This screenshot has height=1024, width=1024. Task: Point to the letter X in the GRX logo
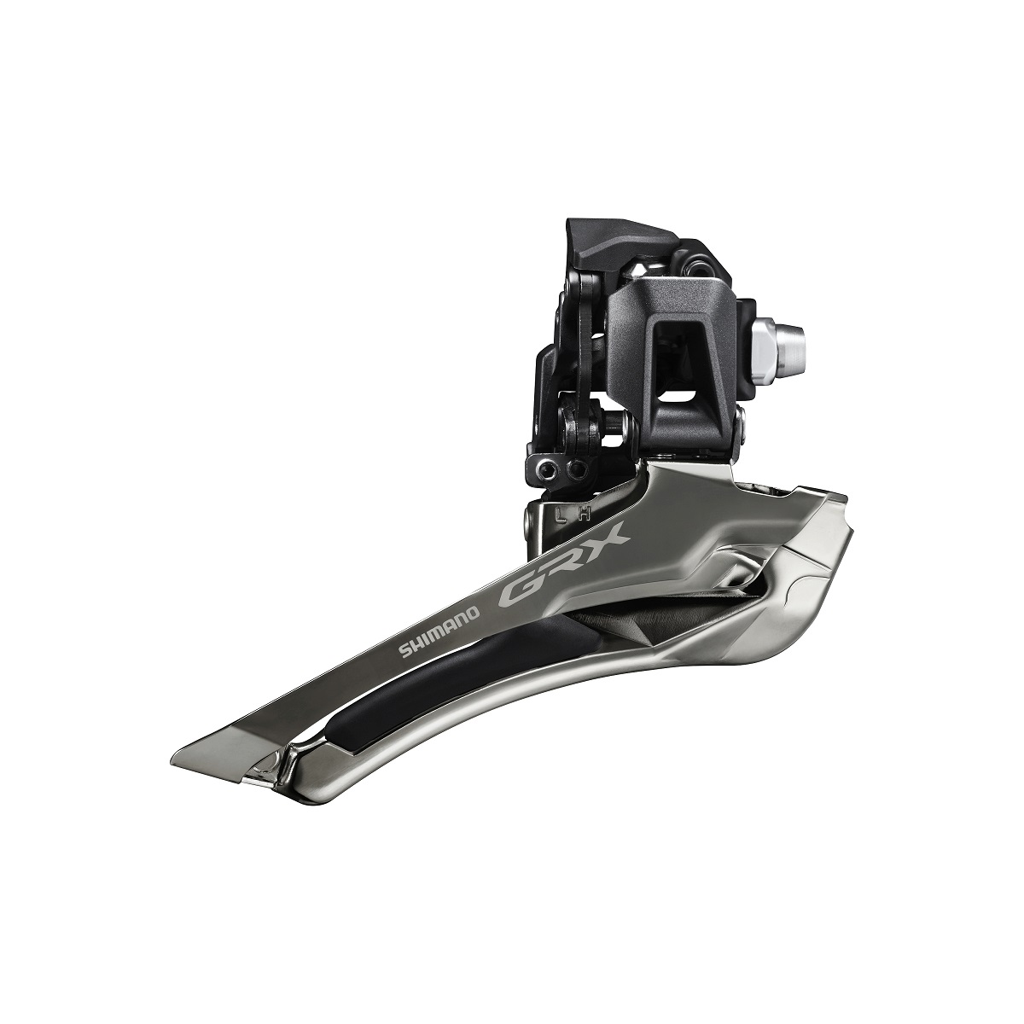608,538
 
